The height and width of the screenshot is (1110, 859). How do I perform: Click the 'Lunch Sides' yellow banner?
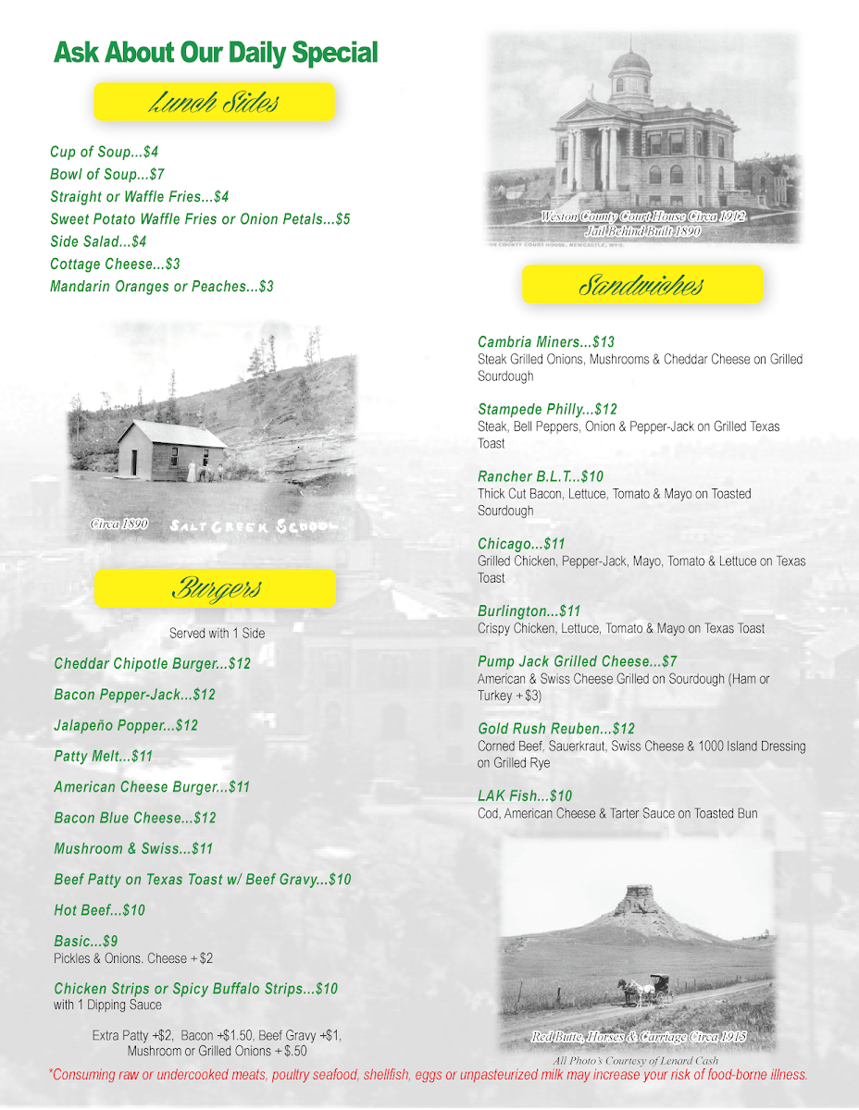coord(214,102)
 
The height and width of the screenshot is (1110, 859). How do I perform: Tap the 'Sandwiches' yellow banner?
coord(642,285)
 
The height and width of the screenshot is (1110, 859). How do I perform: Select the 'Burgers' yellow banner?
coord(215,588)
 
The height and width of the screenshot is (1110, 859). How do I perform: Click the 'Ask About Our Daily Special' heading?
coord(216,53)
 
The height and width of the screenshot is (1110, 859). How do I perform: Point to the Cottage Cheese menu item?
coord(115,265)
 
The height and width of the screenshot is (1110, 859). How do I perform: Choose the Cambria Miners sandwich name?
coord(545,342)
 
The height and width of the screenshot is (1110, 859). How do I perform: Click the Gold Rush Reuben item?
coord(556,729)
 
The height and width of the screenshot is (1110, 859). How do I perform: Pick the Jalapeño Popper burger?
coord(126,726)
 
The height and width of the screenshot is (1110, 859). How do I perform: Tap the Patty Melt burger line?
coord(103,757)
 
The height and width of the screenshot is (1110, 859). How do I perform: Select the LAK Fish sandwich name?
coord(525,796)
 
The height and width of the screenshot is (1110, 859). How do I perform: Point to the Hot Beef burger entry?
coord(99,910)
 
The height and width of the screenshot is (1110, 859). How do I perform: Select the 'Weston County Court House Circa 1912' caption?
coord(642,216)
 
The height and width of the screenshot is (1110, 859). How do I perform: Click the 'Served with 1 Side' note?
coord(215,634)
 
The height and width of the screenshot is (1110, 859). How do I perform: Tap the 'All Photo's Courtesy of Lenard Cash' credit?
coord(636,1061)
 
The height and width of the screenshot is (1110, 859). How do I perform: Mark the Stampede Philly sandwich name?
coord(547,410)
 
